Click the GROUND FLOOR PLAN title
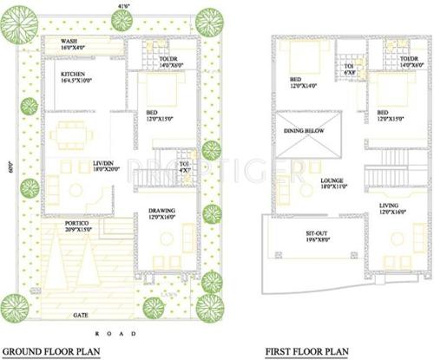[x=53, y=351]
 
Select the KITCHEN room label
[x=72, y=74]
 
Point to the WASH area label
[x=70, y=42]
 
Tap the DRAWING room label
[x=163, y=210]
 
